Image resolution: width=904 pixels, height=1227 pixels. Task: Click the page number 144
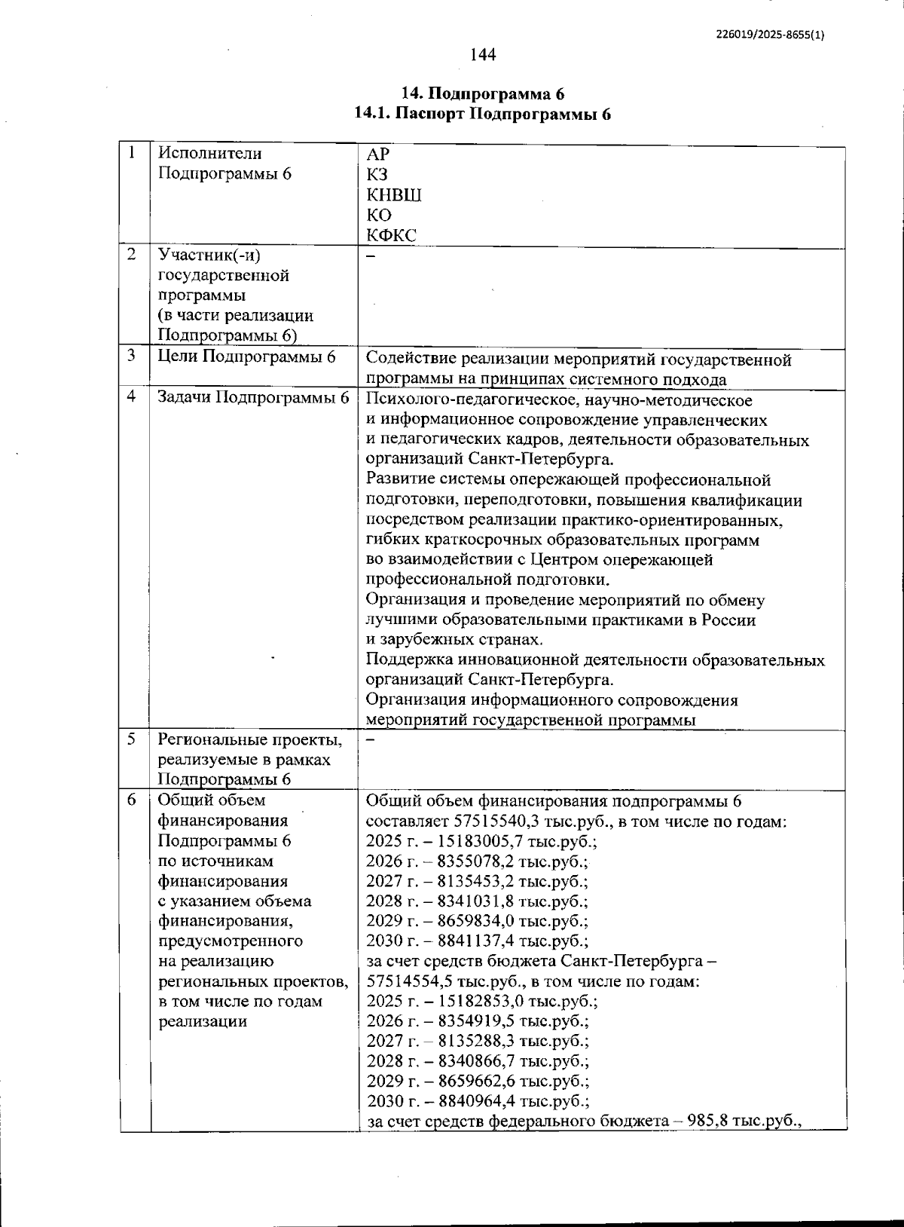tap(483, 54)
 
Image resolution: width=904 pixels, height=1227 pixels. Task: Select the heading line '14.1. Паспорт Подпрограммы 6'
tap(482, 114)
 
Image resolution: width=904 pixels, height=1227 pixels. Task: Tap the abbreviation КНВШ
tap(393, 195)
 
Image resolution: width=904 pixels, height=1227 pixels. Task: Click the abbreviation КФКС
tap(391, 235)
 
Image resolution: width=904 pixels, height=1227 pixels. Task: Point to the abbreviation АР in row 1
tap(377, 155)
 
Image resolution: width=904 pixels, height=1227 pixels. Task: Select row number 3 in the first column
tap(132, 355)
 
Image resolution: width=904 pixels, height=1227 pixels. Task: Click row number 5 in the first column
tap(132, 739)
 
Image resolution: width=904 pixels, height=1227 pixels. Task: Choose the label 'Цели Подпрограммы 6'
tap(246, 356)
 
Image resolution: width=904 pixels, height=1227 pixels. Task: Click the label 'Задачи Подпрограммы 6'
tap(253, 397)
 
